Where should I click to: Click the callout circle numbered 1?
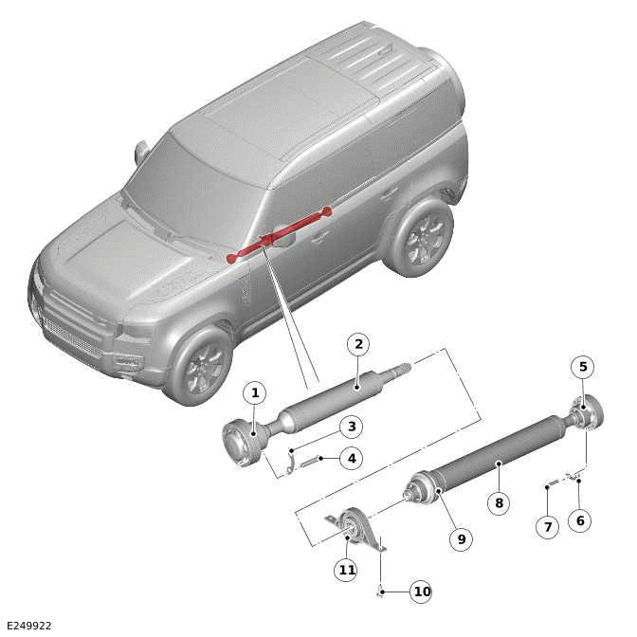pyautogui.click(x=253, y=391)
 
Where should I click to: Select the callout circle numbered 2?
pyautogui.click(x=357, y=344)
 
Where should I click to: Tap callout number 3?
pyautogui.click(x=351, y=428)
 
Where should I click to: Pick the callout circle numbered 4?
pyautogui.click(x=351, y=459)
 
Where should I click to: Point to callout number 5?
pyautogui.click(x=583, y=367)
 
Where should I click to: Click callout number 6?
pyautogui.click(x=578, y=520)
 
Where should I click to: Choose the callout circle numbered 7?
pyautogui.click(x=547, y=526)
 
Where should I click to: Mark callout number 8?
pyautogui.click(x=499, y=502)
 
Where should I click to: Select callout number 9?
pyautogui.click(x=461, y=538)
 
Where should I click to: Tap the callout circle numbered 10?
pyautogui.click(x=421, y=591)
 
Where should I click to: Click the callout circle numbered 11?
pyautogui.click(x=347, y=570)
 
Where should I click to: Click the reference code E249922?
pyautogui.click(x=28, y=626)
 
